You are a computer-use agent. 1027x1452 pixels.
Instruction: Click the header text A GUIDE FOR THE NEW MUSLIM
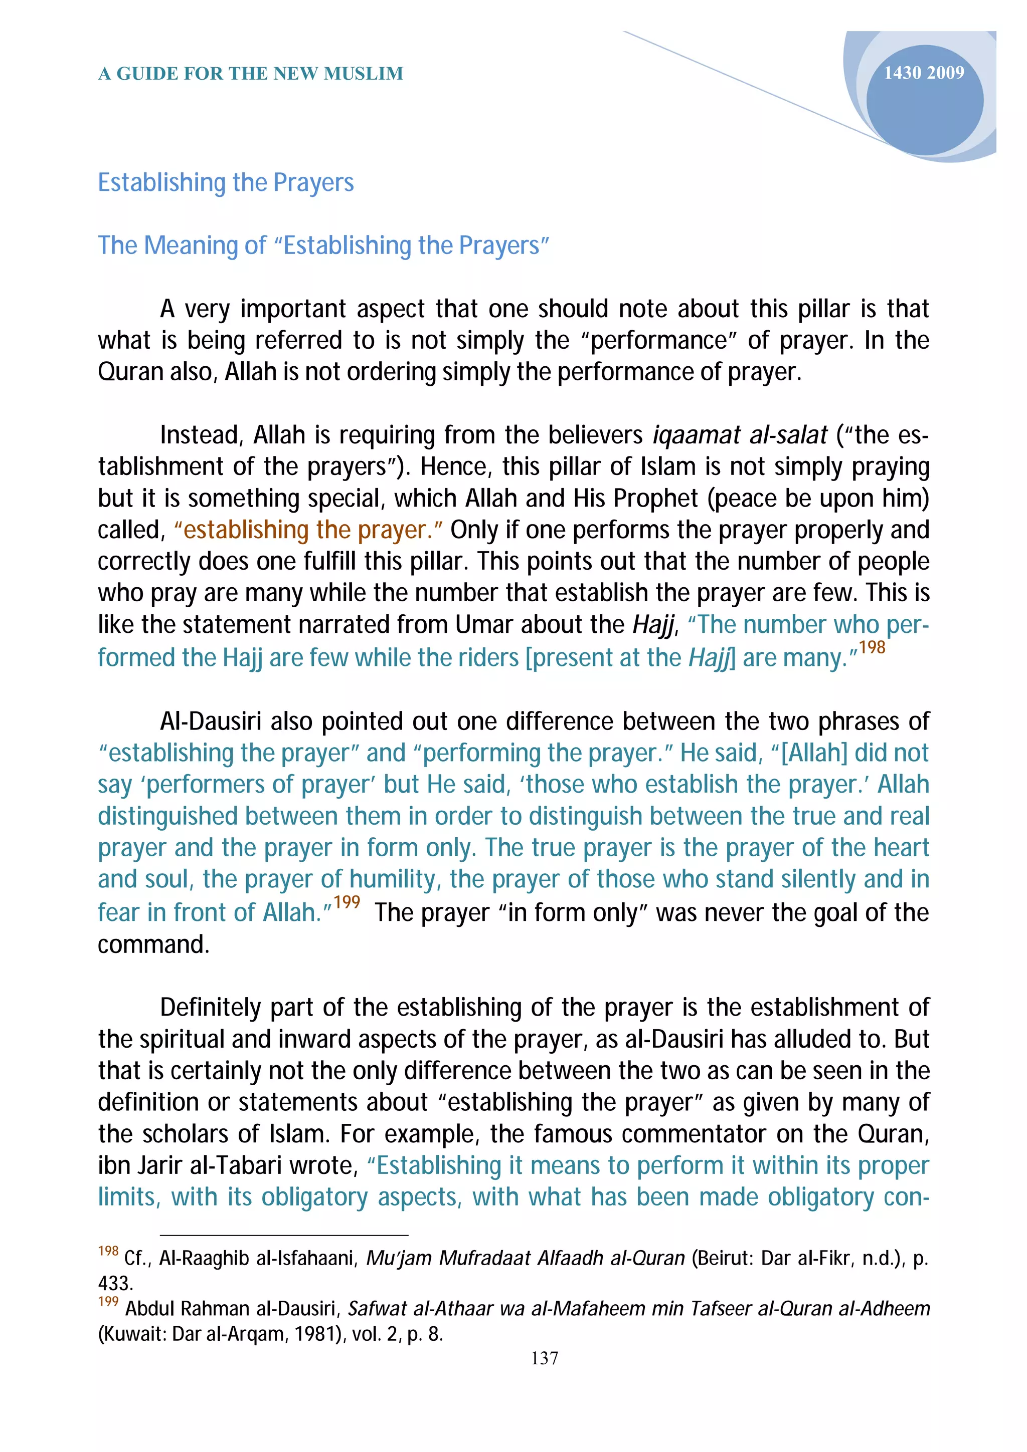251,74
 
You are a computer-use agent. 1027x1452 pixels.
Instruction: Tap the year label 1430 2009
923,73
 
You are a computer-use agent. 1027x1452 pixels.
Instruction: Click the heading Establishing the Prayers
225,183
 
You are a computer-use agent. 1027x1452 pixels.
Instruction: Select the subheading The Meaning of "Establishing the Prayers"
323,246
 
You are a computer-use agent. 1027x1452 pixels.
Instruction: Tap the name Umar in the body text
476,625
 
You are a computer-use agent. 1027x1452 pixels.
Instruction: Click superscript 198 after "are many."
872,647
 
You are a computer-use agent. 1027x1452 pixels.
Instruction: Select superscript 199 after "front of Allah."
347,902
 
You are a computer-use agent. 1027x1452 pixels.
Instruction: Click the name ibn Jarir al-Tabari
228,1165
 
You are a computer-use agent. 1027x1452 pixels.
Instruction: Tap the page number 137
544,1358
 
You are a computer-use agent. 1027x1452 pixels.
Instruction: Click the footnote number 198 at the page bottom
108,1251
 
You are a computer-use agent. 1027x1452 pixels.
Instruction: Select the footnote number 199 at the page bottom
108,1302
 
